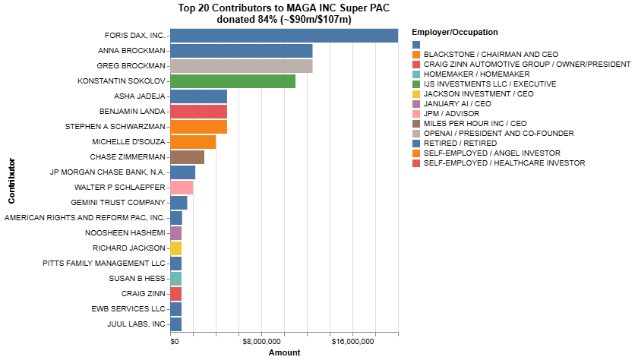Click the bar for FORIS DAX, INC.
coord(284,36)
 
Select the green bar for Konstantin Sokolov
coord(232,81)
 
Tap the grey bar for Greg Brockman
coord(241,66)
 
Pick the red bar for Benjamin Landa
coord(198,112)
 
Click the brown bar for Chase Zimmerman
coord(187,157)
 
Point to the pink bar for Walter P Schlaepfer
coord(182,188)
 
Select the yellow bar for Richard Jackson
coord(175,248)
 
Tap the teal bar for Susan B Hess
coord(175,279)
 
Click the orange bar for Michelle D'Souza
coord(193,142)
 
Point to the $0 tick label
coord(175,343)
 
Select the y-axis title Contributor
coord(11,181)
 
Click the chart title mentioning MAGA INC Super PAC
coord(284,14)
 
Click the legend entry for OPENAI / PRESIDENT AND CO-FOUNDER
coord(488,133)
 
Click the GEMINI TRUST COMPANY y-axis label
coord(118,203)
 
